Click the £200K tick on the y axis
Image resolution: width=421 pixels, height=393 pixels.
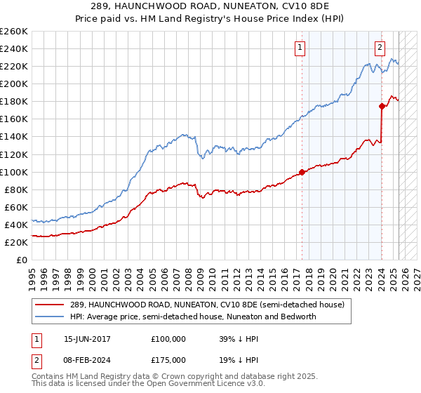pos(14,84)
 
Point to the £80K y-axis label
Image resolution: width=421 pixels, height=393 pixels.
pos(15,189)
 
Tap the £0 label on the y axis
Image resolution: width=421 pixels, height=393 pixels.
pos(22,260)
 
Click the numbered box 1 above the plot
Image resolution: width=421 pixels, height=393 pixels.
pos(300,48)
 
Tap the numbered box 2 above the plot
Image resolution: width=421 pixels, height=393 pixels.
pos(380,48)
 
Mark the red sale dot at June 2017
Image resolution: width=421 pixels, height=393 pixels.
pos(302,171)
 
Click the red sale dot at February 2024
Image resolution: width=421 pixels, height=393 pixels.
pos(382,106)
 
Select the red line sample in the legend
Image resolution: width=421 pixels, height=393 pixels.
pos(49,305)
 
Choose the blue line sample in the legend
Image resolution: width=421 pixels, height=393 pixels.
pos(49,317)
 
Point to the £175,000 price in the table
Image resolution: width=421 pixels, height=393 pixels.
pos(168,359)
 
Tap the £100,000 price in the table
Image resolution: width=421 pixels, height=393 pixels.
pos(168,338)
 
